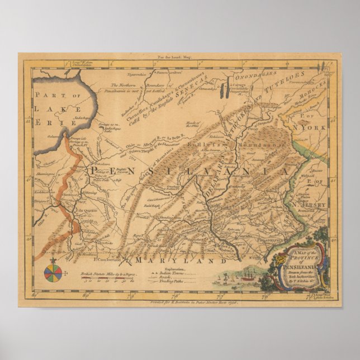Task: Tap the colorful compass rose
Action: click(x=53, y=272)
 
